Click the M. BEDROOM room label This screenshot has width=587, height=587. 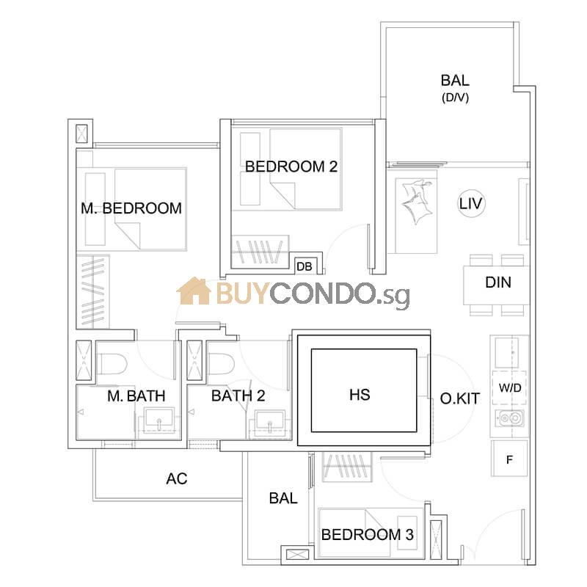pyautogui.click(x=131, y=208)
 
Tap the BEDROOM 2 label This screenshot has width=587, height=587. pyautogui.click(x=291, y=167)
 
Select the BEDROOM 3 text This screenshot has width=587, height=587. pyautogui.click(x=368, y=535)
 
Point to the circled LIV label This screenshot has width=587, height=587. pyautogui.click(x=471, y=204)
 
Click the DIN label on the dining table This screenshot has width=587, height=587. pyautogui.click(x=498, y=282)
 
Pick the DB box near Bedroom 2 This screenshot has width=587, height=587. pyautogui.click(x=304, y=266)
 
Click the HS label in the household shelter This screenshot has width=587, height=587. pyautogui.click(x=360, y=395)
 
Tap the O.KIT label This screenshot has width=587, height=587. pyautogui.click(x=460, y=398)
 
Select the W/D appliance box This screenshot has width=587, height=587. pyautogui.click(x=509, y=388)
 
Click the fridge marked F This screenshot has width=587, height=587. pyautogui.click(x=509, y=459)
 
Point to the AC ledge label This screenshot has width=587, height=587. pyautogui.click(x=177, y=478)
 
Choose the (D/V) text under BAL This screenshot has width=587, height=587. pyautogui.click(x=455, y=98)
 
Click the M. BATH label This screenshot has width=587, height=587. pyautogui.click(x=136, y=395)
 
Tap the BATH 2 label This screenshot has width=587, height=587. pyautogui.click(x=238, y=395)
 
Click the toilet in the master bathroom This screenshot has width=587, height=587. pyautogui.click(x=112, y=364)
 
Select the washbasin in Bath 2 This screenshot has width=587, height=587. pyautogui.click(x=270, y=423)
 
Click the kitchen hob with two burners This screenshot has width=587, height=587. pyautogui.click(x=509, y=418)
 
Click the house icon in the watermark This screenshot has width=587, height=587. pyautogui.click(x=194, y=291)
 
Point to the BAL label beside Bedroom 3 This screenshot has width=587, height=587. pyautogui.click(x=283, y=498)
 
